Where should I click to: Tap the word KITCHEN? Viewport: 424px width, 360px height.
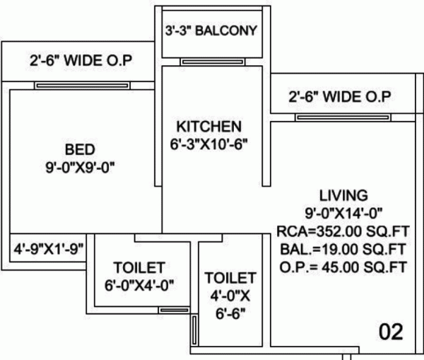208,127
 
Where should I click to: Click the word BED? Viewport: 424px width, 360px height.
79,150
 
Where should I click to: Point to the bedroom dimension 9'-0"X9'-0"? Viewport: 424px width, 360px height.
79,168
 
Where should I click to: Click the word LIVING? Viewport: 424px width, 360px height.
343,194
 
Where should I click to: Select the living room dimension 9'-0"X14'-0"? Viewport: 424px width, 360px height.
343,211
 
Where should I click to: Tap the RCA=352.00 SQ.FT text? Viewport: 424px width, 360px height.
343,231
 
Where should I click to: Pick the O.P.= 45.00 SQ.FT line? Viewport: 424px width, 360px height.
343,267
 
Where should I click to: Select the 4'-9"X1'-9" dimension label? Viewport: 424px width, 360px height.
49,248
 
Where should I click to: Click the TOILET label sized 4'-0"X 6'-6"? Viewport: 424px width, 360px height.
228,277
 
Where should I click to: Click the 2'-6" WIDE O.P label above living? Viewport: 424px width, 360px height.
339,97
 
